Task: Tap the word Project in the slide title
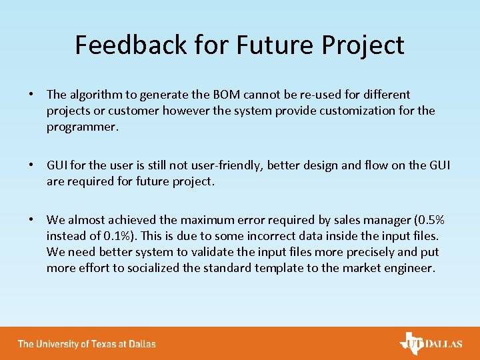coord(364,45)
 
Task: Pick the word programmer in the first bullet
coord(82,127)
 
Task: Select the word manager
coord(380,220)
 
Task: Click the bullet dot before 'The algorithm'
coord(32,95)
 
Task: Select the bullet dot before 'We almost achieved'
coord(32,220)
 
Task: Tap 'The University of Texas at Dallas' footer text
coord(87,344)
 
